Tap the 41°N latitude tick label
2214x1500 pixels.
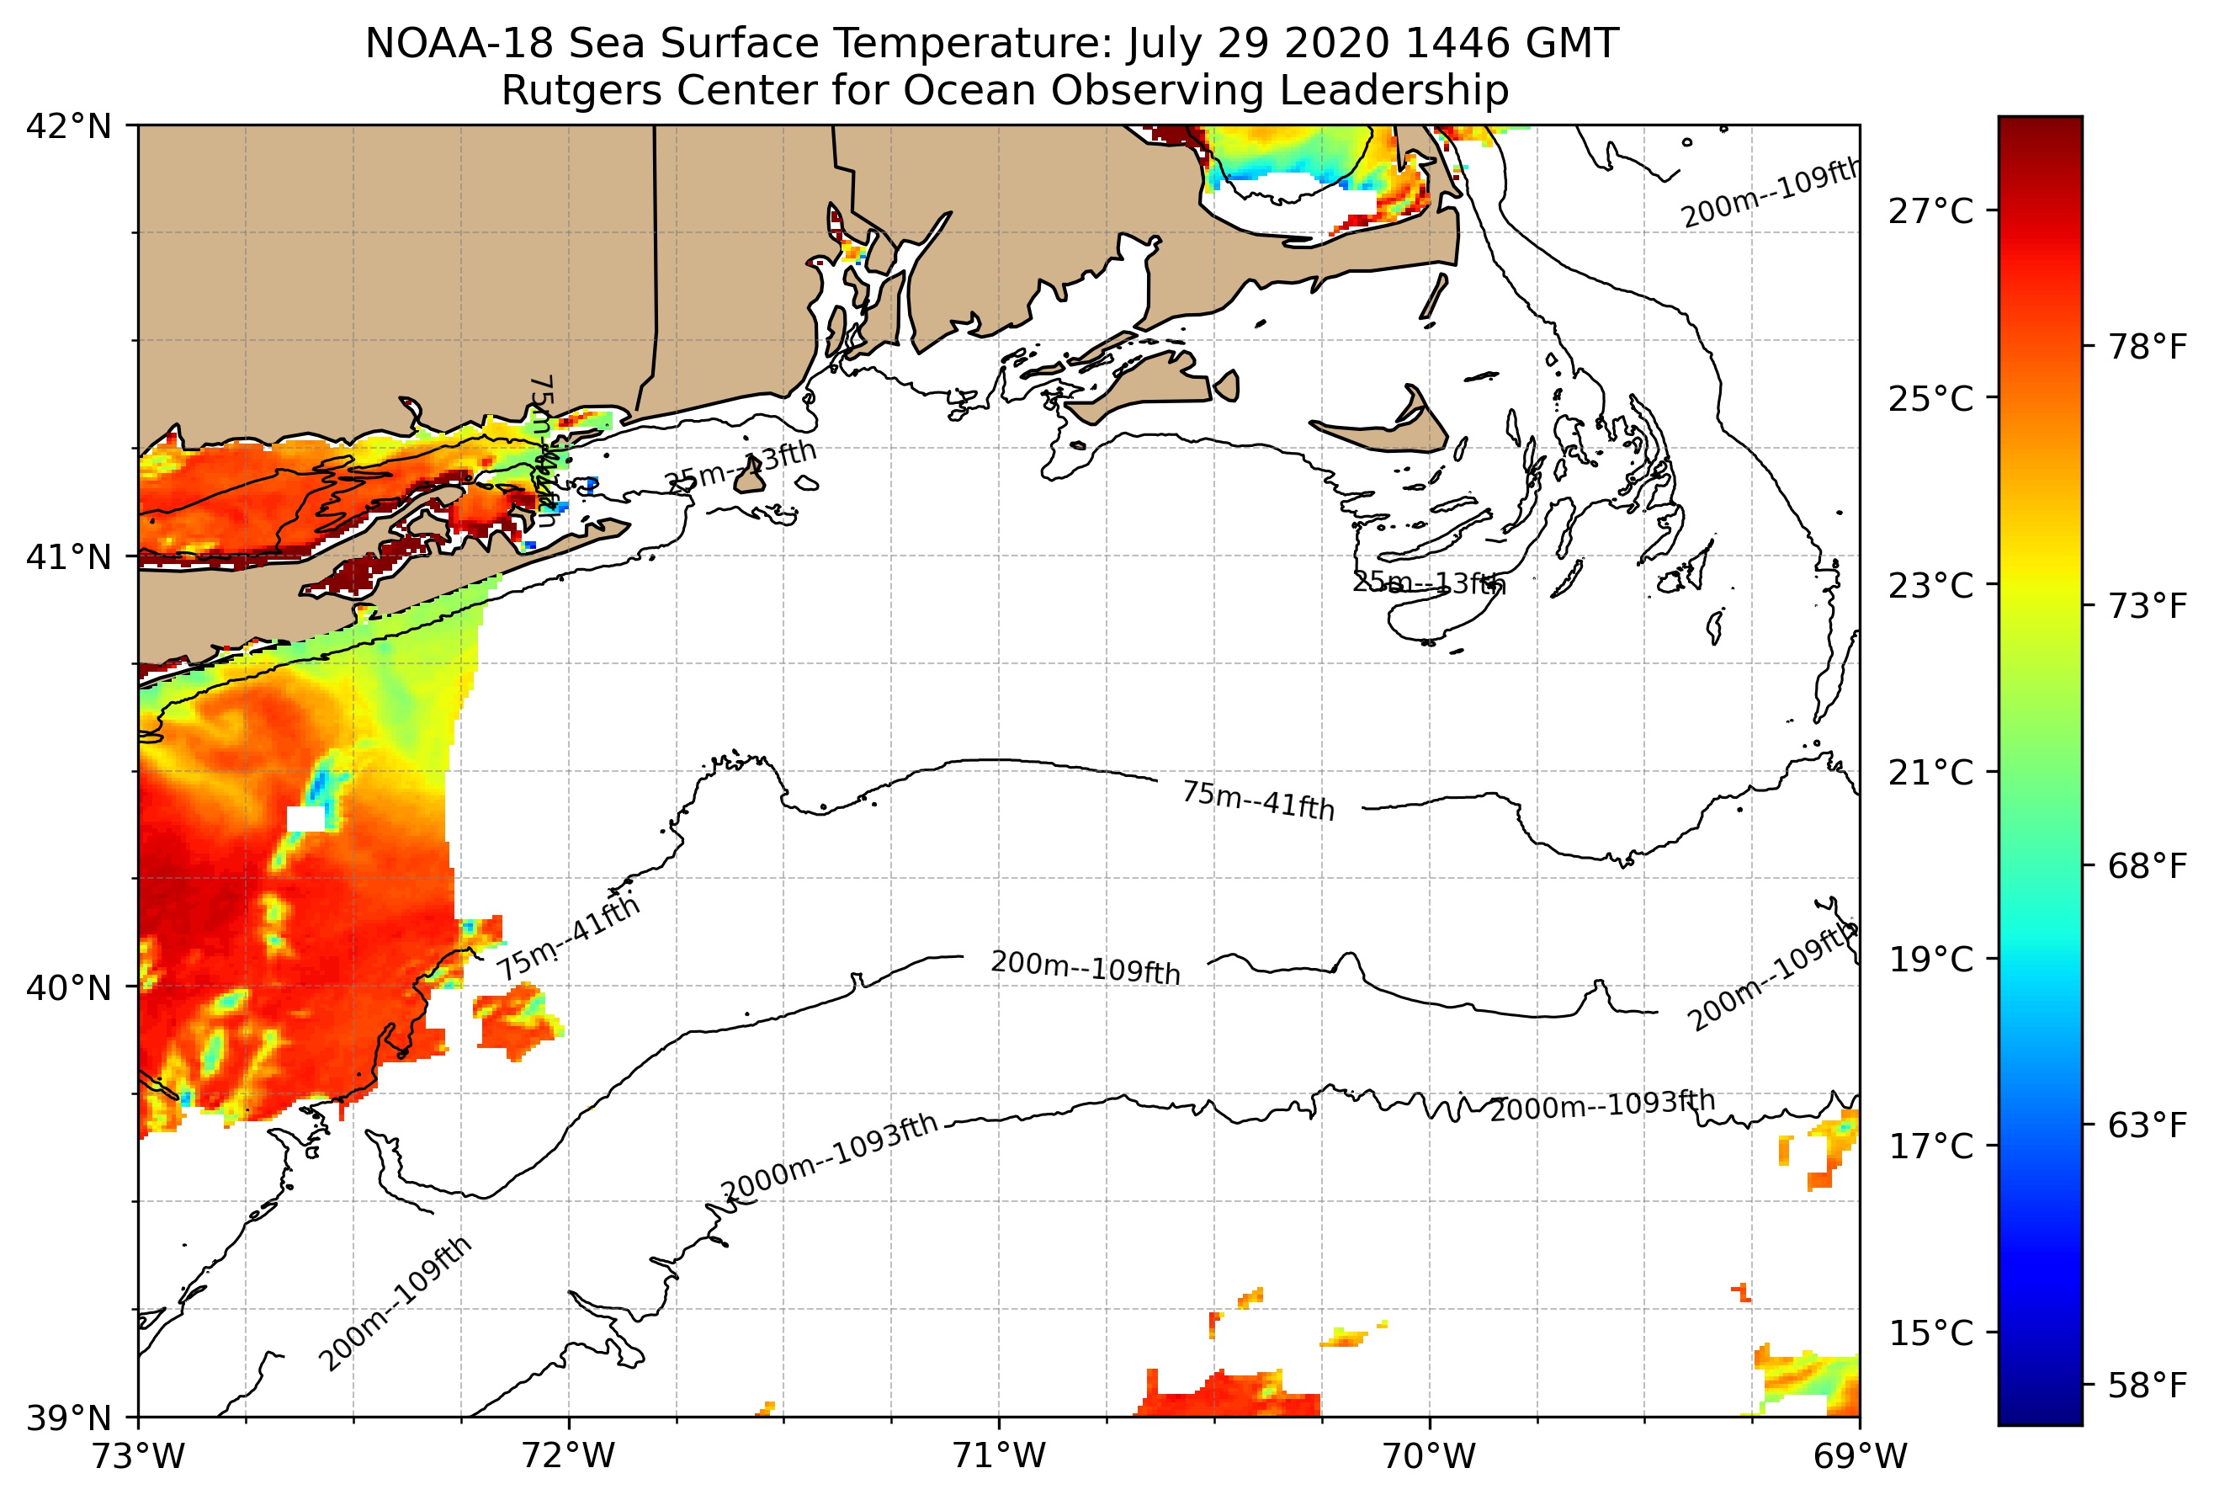tap(69, 556)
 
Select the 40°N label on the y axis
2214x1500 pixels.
tap(69, 987)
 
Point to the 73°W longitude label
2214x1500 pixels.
tap(139, 1456)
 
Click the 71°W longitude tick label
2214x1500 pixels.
tap(1000, 1456)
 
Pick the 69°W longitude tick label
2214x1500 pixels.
tap(1860, 1456)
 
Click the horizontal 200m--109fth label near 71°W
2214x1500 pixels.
tap(1085, 968)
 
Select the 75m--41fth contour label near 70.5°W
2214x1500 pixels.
tap(1257, 801)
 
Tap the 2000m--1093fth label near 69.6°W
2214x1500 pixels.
tap(1602, 1106)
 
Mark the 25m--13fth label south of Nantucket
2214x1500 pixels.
tap(1429, 582)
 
